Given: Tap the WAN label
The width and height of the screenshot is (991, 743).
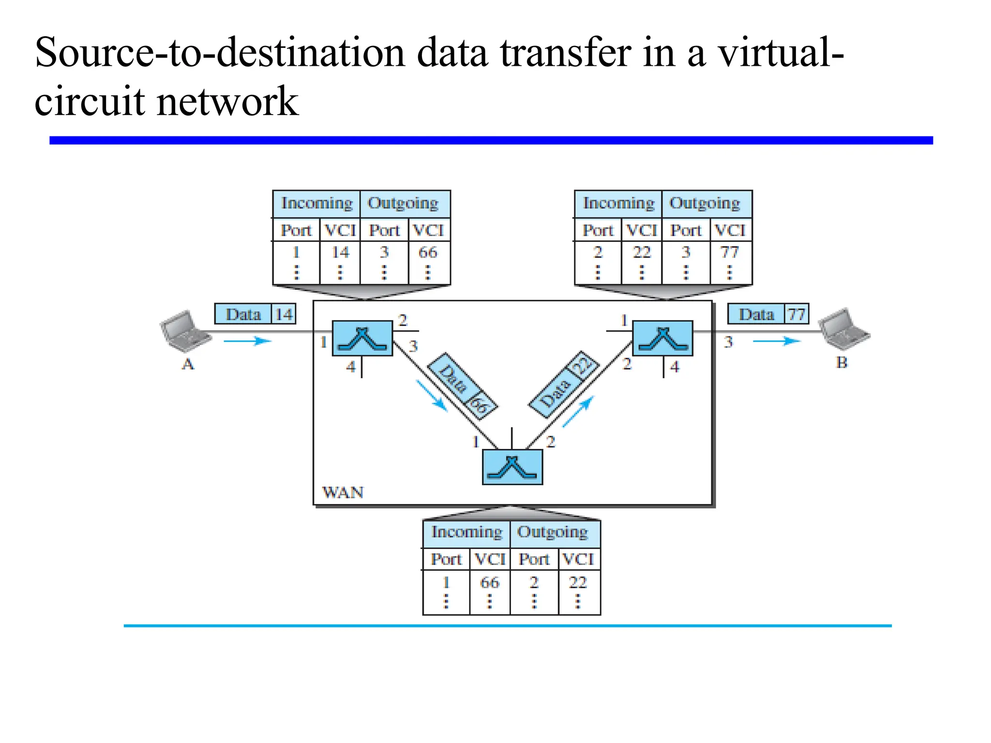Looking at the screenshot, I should tap(343, 492).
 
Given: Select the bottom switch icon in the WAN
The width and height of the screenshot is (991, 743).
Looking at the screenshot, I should tap(512, 467).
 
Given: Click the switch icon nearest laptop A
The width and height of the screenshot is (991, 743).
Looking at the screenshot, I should tap(362, 338).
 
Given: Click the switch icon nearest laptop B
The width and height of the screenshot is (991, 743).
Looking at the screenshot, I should tap(662, 338).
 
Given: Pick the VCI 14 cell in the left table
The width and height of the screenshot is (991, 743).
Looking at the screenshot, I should tap(340, 253).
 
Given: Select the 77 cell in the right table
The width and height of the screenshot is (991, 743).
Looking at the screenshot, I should tap(730, 253).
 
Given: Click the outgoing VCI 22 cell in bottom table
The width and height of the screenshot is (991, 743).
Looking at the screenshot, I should tap(578, 582).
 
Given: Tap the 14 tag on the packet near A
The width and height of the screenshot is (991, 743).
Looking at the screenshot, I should tap(284, 314).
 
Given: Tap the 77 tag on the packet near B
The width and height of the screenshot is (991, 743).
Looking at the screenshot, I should tap(796, 314).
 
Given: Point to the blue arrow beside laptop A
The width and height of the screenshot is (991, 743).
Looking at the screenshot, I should tap(247, 341).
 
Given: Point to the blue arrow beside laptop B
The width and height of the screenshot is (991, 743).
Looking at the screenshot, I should tap(776, 341).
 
